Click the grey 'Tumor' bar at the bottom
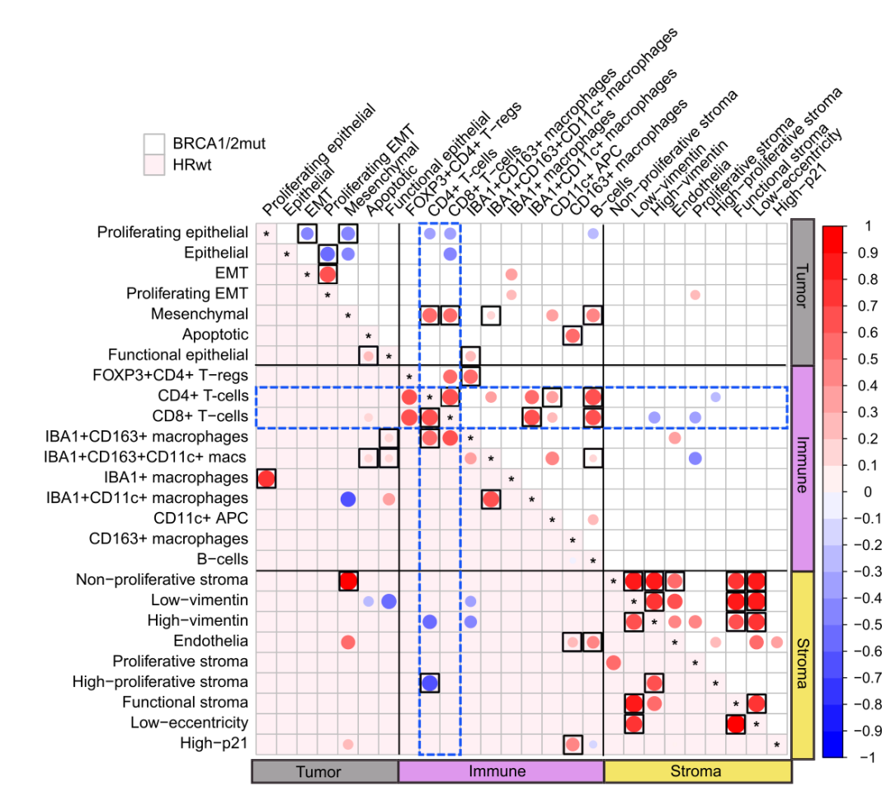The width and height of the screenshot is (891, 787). click(325, 771)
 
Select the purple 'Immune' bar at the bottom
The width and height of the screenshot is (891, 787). click(501, 771)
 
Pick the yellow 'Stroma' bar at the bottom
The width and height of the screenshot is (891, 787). click(696, 771)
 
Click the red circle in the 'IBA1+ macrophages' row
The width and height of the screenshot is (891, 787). click(266, 478)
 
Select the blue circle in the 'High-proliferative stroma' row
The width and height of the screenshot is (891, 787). click(429, 682)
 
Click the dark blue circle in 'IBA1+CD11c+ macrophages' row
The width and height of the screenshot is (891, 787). click(347, 499)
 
